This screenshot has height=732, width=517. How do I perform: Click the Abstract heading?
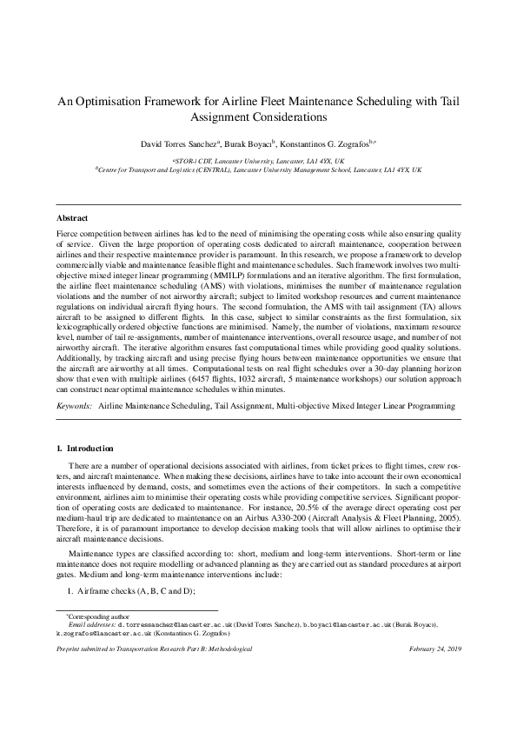coord(72,217)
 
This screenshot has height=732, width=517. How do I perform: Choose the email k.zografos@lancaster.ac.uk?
coord(97,633)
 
